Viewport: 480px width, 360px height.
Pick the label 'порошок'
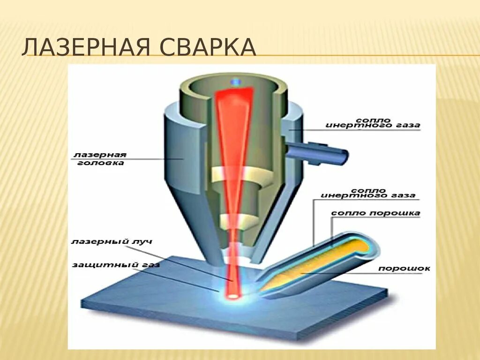(404, 269)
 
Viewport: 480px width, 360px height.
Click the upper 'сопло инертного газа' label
(373, 123)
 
